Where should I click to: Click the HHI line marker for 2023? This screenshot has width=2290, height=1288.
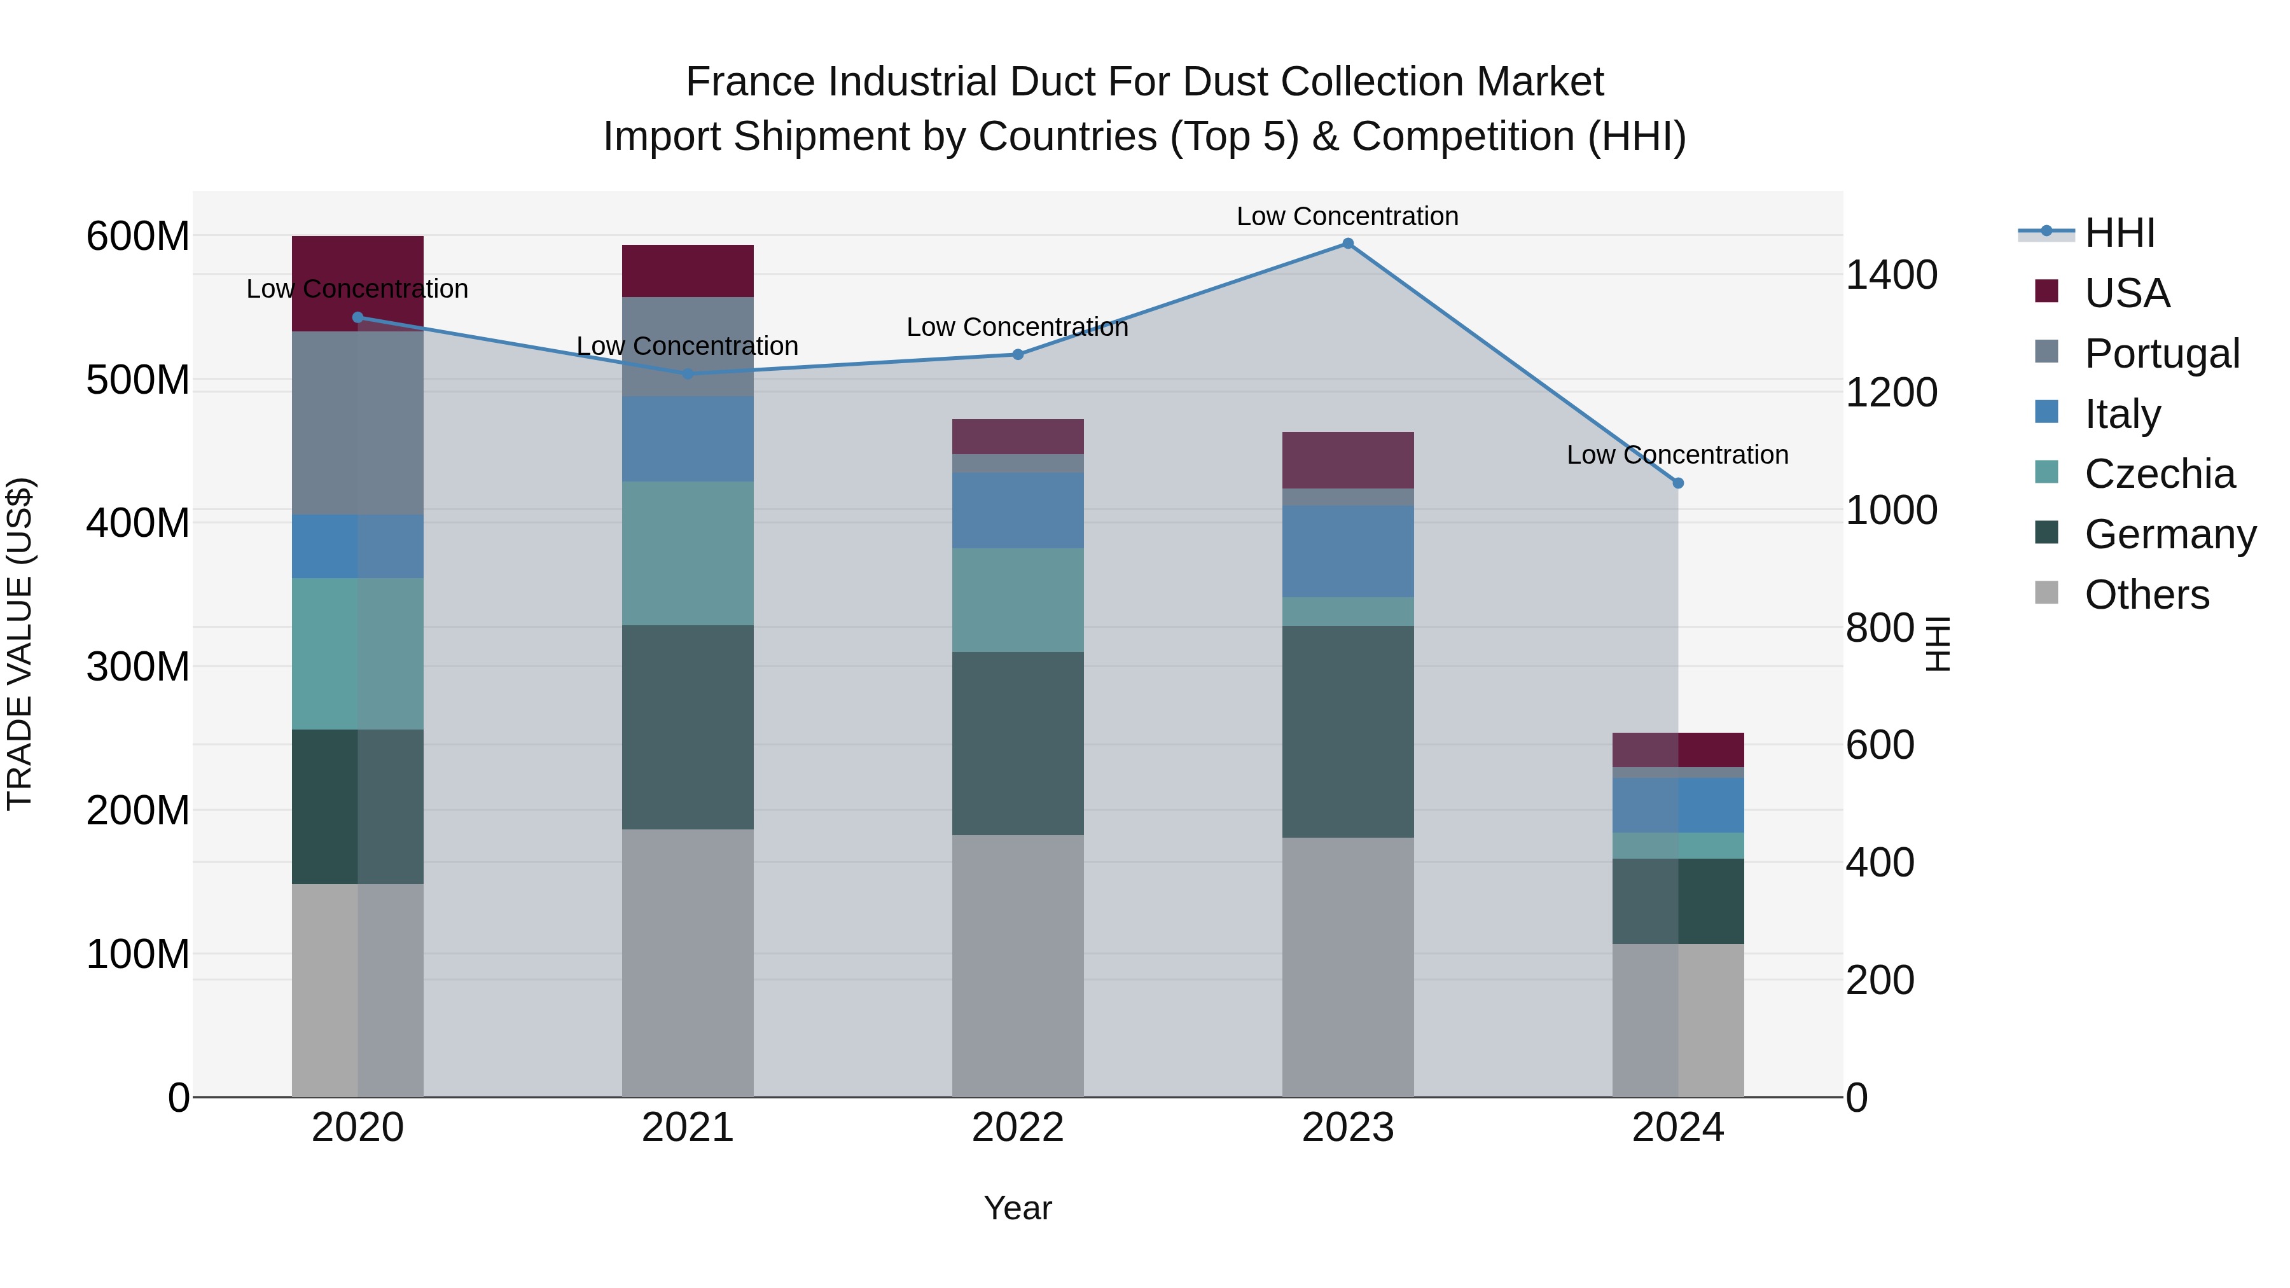(1348, 244)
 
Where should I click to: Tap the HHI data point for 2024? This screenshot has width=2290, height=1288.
(1677, 483)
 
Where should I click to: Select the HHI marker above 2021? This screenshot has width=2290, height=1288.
(687, 374)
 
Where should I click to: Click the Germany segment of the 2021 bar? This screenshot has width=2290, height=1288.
(687, 727)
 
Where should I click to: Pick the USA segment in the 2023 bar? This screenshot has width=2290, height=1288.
(1348, 460)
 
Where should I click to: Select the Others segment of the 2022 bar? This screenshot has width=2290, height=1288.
(1018, 966)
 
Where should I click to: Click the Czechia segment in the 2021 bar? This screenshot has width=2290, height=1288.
(687, 553)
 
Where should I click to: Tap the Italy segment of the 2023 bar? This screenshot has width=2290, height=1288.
(1348, 551)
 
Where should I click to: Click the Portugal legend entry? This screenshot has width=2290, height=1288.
(2161, 354)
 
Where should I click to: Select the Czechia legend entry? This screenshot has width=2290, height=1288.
(2158, 474)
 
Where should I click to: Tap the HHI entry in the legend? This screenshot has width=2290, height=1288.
(2120, 233)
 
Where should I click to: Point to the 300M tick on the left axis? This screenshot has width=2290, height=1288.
(138, 667)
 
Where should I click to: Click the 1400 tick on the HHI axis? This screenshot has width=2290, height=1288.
(1891, 275)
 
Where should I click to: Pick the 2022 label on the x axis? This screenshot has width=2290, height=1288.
(1018, 1128)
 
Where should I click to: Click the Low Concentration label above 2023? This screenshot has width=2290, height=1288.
(1348, 217)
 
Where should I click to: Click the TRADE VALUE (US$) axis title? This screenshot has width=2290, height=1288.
(20, 644)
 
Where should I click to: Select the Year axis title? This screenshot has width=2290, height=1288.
(1018, 1208)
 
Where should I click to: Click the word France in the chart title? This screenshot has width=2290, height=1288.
(751, 83)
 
